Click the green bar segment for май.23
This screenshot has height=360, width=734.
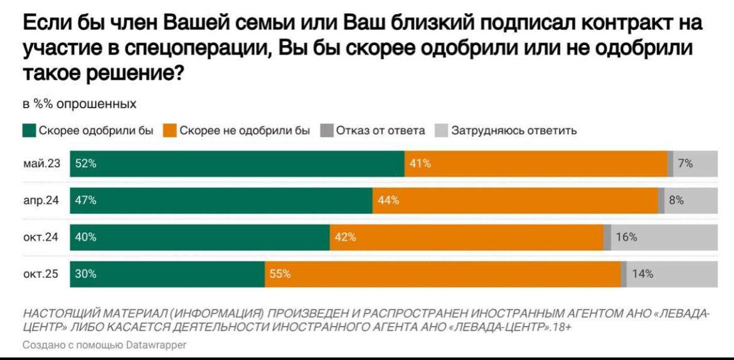point(237,164)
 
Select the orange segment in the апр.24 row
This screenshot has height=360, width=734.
point(515,201)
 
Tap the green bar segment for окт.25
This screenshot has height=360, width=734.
point(167,274)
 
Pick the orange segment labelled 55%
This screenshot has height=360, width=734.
point(442,274)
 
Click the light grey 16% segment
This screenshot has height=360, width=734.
point(664,237)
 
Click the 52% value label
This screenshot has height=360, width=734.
point(85,164)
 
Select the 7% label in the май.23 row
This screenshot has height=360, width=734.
point(685,164)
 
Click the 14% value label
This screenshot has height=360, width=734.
point(643,274)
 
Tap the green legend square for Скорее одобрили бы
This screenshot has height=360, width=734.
point(29,131)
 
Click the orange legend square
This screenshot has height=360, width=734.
point(169,131)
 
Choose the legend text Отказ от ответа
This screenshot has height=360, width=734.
point(380,131)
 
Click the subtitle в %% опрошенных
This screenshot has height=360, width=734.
point(79,103)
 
